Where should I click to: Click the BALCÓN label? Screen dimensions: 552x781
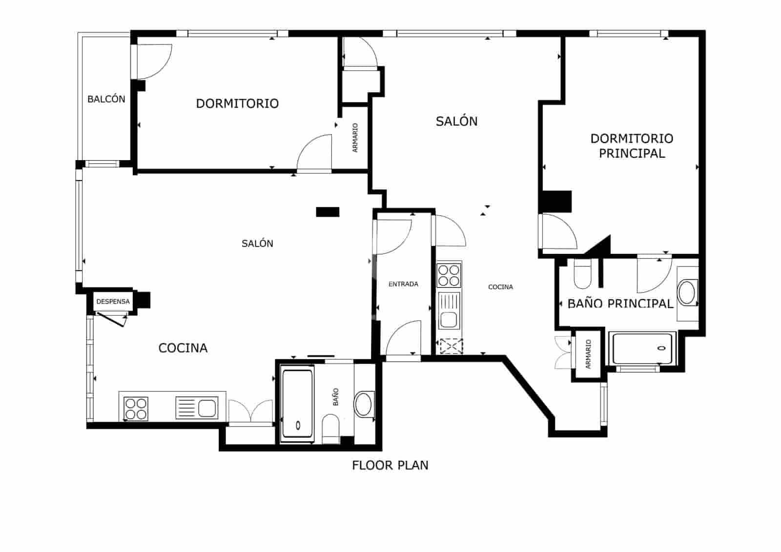[x=106, y=99]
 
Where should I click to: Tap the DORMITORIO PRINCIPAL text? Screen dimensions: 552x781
[x=632, y=146]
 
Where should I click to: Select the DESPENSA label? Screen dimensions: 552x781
[x=113, y=302]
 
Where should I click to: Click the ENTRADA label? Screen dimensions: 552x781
[x=403, y=284]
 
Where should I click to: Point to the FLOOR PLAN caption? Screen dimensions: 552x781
[x=390, y=465]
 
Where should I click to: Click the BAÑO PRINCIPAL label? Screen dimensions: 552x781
[x=620, y=304]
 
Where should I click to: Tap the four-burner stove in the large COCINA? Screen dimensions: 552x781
[x=136, y=409]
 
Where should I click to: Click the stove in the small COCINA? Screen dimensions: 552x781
[x=449, y=275]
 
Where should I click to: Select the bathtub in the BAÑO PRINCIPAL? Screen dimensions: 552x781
[x=642, y=348]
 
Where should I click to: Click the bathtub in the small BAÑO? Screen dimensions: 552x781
[x=297, y=406]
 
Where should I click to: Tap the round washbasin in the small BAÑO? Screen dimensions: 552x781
[x=363, y=405]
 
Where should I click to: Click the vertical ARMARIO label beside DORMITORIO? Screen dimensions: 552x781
[x=355, y=138]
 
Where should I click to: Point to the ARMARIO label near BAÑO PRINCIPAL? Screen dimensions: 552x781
[x=588, y=354]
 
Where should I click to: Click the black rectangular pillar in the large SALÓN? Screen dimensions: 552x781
[x=328, y=212]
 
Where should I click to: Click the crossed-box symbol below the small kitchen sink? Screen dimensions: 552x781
[x=451, y=346]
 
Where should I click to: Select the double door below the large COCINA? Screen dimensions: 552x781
[x=250, y=412]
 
